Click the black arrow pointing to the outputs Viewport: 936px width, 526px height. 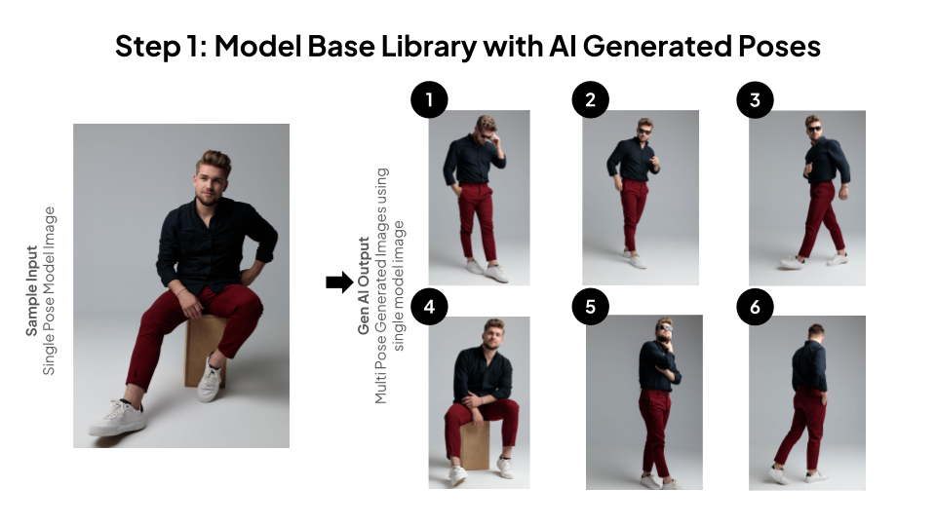tap(339, 282)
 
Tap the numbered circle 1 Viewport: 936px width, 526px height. tap(429, 99)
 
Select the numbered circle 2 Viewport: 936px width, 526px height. tap(591, 99)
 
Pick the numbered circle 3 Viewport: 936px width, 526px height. tap(755, 99)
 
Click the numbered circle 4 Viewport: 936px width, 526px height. tap(429, 307)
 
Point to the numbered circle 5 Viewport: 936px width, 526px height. tap(591, 307)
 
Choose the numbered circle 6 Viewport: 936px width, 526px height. tap(755, 307)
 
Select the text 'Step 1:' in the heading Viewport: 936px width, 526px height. tap(161, 47)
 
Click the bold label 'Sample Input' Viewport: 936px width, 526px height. tap(31, 290)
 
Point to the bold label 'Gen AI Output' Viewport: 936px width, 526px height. tap(364, 285)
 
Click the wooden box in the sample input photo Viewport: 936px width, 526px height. tap(206, 351)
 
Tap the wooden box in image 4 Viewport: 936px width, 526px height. tap(475, 445)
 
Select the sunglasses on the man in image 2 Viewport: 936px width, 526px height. tap(644, 131)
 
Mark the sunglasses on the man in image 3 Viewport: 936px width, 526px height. tap(813, 129)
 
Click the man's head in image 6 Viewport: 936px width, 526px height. tap(816, 332)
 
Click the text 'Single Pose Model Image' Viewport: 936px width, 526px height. tap(50, 291)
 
